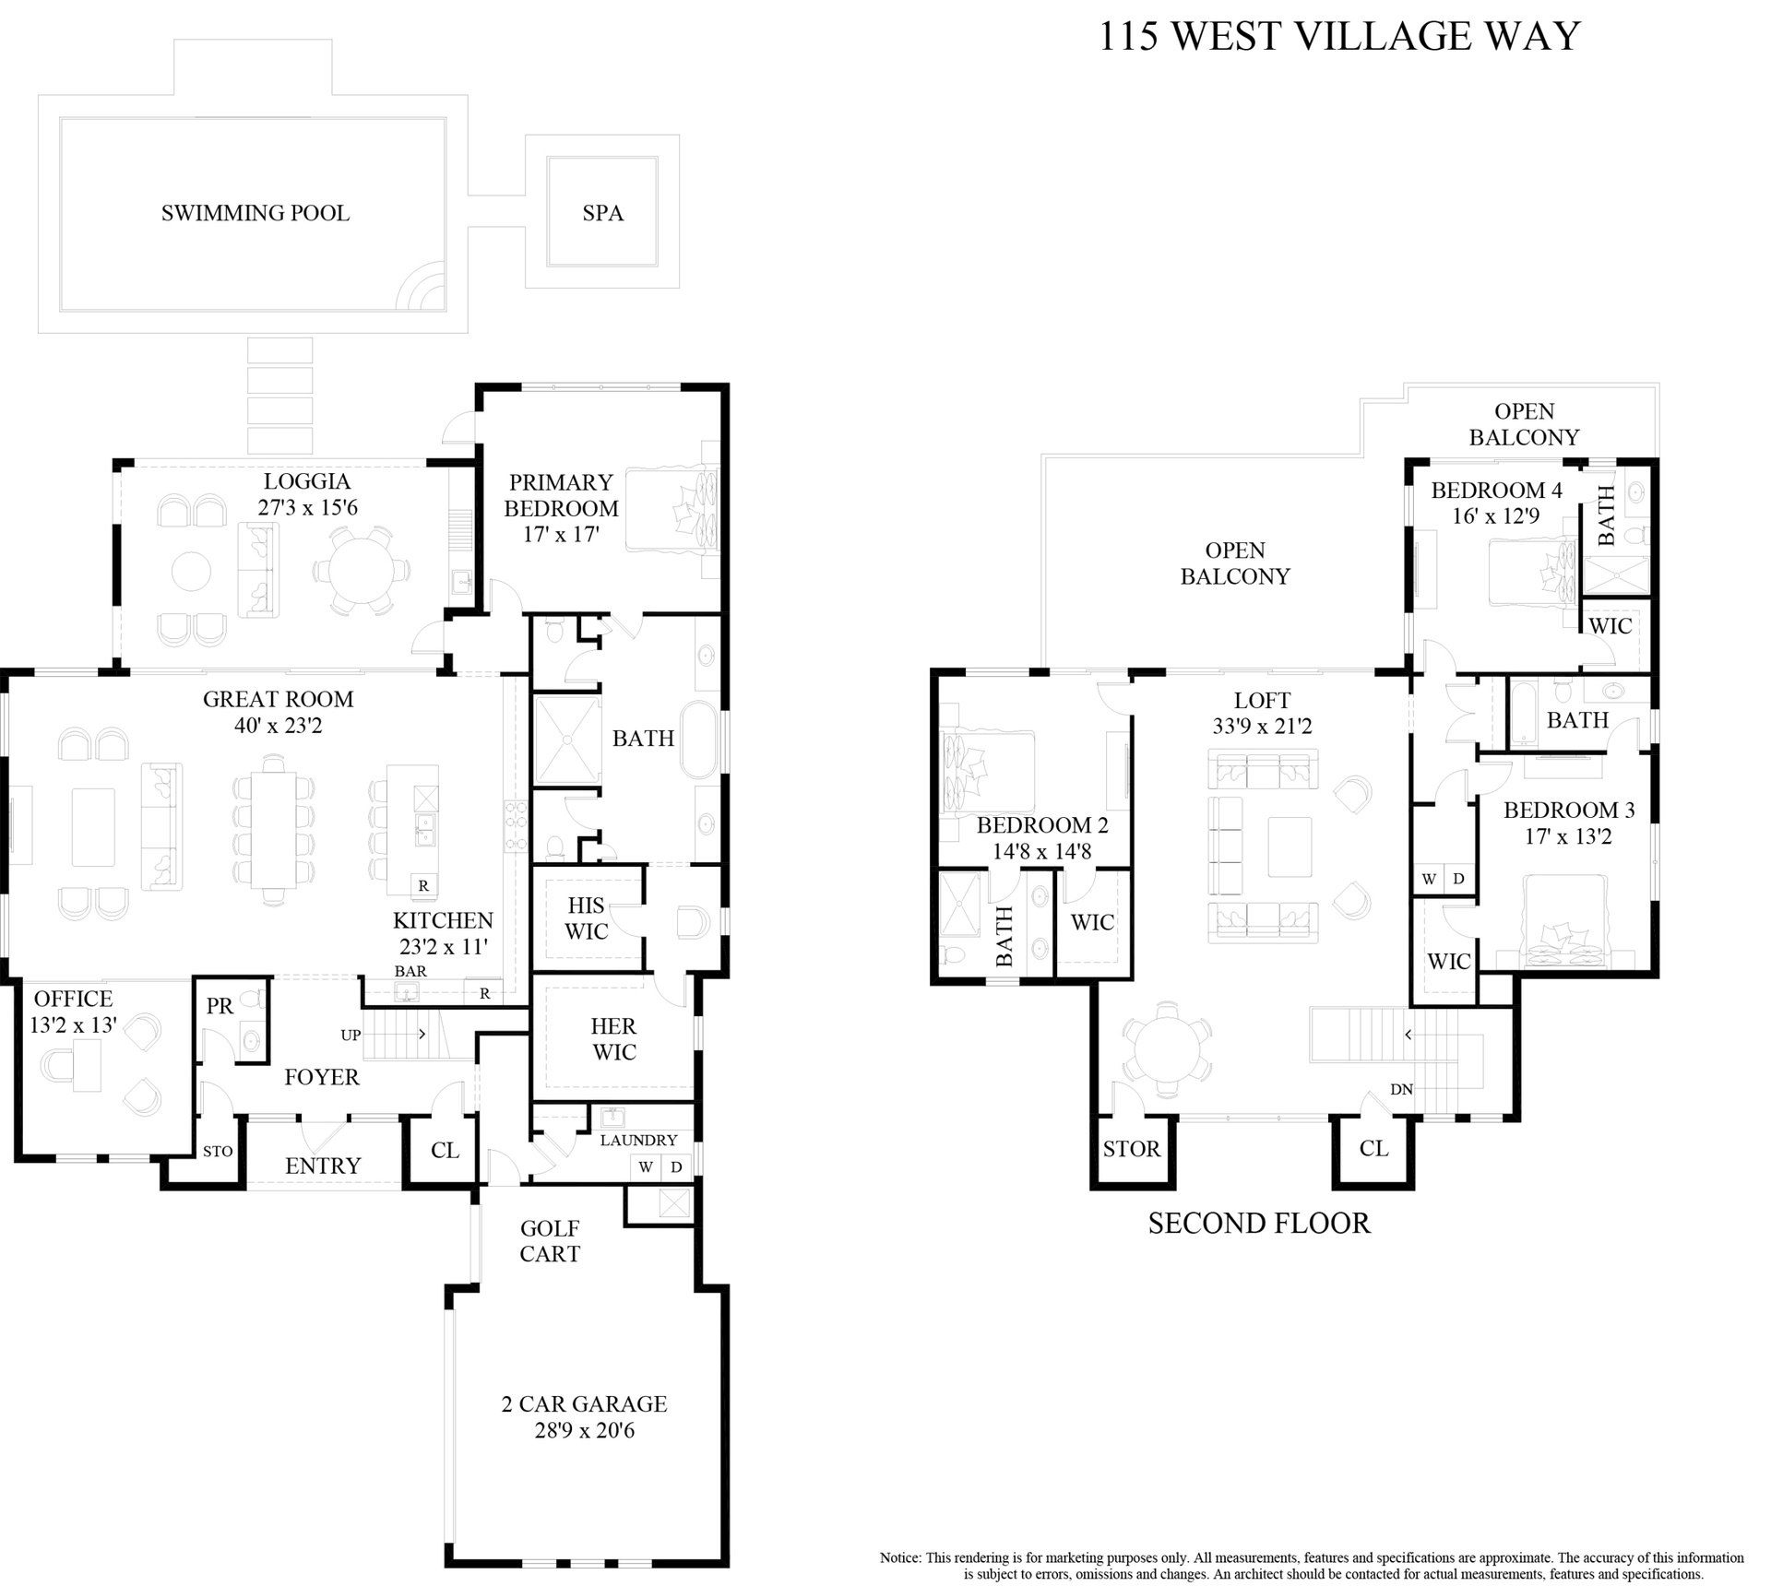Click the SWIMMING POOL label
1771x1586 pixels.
[x=256, y=213]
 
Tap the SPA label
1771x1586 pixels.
[x=603, y=213]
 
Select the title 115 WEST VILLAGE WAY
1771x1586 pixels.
[x=1339, y=37]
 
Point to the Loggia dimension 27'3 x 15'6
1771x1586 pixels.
[x=307, y=507]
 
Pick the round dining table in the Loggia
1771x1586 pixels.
[x=360, y=570]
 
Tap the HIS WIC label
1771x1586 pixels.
[x=587, y=918]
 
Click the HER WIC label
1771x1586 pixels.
[x=613, y=1039]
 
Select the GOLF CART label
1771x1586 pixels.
[x=550, y=1240]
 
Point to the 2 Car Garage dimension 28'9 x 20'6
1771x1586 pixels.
[x=585, y=1430]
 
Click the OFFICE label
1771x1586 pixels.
[x=74, y=999]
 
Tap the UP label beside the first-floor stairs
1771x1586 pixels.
[x=351, y=1035]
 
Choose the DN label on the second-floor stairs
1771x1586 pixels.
[x=1401, y=1089]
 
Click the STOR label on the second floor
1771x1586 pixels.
[x=1132, y=1149]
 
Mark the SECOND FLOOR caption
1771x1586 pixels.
[x=1259, y=1223]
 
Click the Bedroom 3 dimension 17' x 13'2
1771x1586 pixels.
[x=1567, y=836]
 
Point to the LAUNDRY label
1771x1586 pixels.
[x=638, y=1140]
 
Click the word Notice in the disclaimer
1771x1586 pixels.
[x=900, y=1557]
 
